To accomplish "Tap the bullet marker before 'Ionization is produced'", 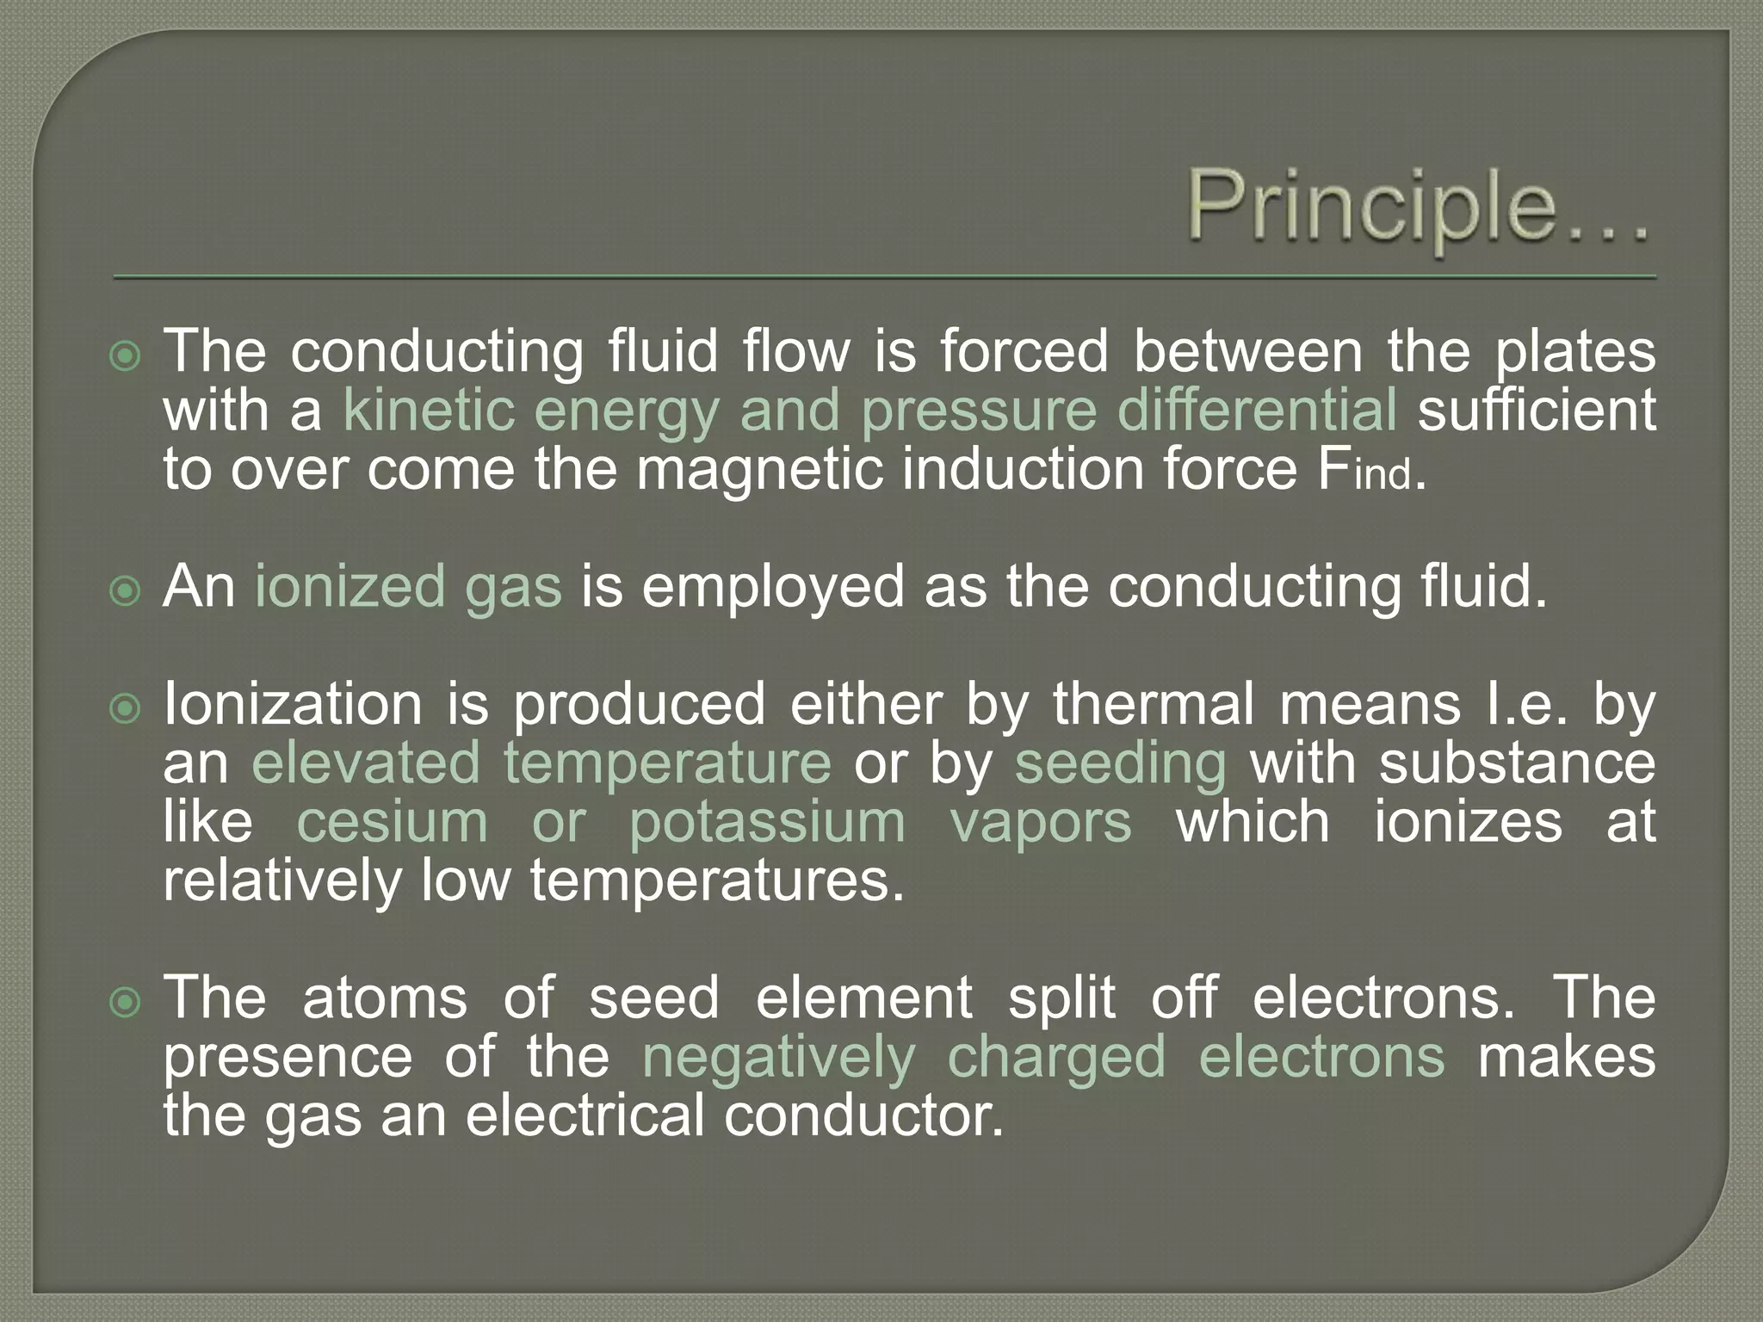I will (126, 709).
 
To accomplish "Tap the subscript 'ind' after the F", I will (1383, 475).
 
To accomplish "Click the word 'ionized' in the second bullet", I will (348, 587).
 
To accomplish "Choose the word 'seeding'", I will (1119, 764).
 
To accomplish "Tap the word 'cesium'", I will (392, 822).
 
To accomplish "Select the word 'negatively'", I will (778, 1058).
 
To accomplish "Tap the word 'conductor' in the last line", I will (863, 1115).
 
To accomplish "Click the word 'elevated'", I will (365, 763).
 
